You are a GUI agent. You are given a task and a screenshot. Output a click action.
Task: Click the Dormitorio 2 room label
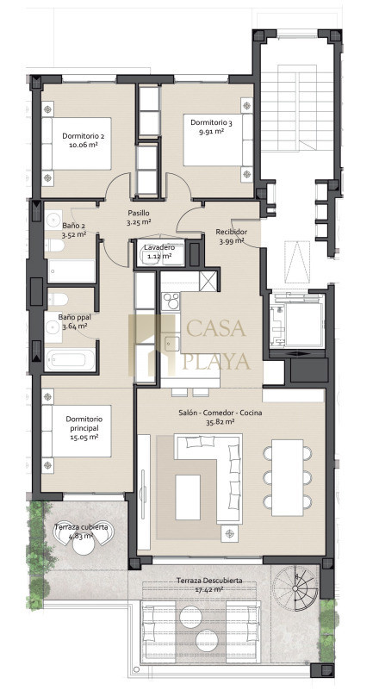coord(79,136)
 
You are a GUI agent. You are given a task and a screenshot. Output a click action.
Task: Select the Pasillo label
coord(139,213)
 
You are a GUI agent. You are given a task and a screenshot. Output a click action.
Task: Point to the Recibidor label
coord(231,232)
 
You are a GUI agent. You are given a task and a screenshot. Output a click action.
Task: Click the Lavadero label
coord(158,247)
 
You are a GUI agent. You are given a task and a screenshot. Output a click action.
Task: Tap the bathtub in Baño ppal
coord(71,360)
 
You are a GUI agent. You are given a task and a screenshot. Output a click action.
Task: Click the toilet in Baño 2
coord(54,246)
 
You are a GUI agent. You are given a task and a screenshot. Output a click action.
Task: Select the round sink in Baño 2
coord(53,218)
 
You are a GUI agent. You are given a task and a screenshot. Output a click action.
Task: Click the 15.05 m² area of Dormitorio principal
coord(84,437)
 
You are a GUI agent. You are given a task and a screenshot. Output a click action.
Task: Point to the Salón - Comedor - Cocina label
coord(221,413)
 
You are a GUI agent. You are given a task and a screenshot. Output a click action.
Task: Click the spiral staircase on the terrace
coord(295,588)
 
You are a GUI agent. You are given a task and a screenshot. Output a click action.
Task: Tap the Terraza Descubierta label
coord(209,581)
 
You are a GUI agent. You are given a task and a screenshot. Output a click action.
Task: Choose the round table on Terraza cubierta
coord(84,545)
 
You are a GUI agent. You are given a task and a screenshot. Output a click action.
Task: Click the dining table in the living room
coord(288,477)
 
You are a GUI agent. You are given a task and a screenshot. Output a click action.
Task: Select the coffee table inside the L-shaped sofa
coord(188,497)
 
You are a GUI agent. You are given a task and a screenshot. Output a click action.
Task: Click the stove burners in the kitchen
coord(171,301)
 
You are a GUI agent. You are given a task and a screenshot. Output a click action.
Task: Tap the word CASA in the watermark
coord(215,328)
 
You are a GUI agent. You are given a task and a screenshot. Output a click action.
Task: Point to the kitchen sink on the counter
coord(171,343)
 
